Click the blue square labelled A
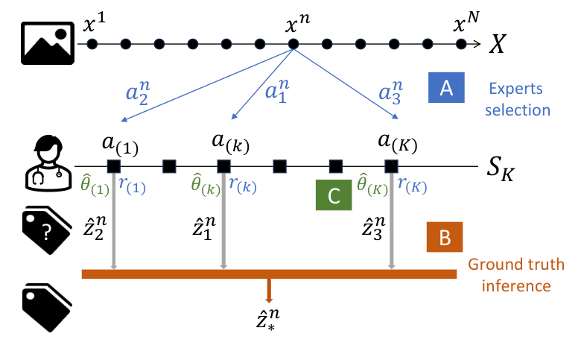446,88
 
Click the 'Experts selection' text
520,98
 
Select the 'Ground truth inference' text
515,274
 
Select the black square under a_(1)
114,165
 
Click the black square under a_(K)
391,165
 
